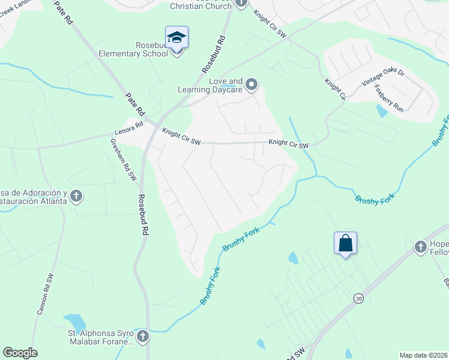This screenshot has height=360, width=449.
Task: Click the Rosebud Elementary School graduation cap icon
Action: (x=177, y=37)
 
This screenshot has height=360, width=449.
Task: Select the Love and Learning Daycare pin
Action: (x=252, y=85)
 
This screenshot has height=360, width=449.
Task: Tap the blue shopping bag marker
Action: (x=345, y=243)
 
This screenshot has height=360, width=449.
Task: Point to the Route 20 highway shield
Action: (x=359, y=298)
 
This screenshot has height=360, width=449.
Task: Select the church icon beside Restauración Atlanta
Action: (x=76, y=196)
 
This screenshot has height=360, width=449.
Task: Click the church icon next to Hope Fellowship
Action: (x=421, y=246)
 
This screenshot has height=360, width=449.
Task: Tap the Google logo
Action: (x=20, y=353)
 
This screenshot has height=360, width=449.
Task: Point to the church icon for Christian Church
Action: (x=241, y=3)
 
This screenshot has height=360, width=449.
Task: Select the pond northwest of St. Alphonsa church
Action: (x=74, y=322)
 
